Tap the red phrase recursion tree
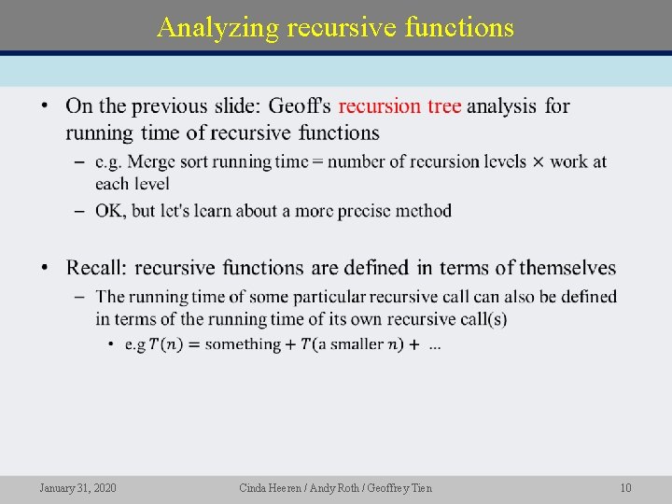click(399, 106)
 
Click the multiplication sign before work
click(538, 162)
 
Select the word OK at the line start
click(110, 211)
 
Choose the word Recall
click(95, 269)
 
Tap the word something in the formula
click(243, 344)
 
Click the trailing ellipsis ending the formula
click(435, 345)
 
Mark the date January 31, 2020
click(77, 488)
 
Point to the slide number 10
click(625, 488)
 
